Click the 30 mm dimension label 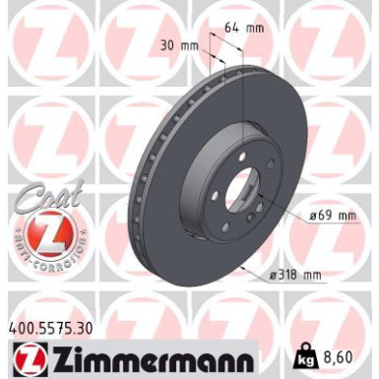tap(177, 44)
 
